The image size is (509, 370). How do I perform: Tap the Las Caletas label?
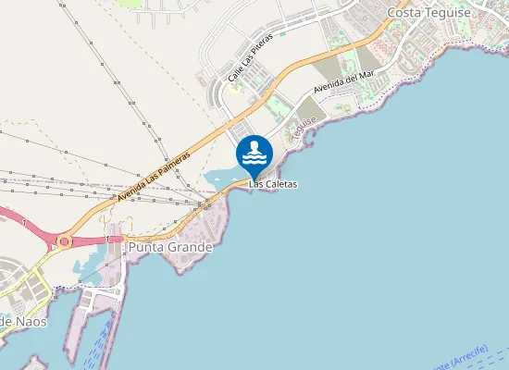[273, 185]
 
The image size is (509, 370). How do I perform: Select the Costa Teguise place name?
[428, 12]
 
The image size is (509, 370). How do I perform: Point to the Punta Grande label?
[170, 247]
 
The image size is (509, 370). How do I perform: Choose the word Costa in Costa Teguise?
[404, 12]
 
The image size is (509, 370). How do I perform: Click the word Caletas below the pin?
[280, 185]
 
